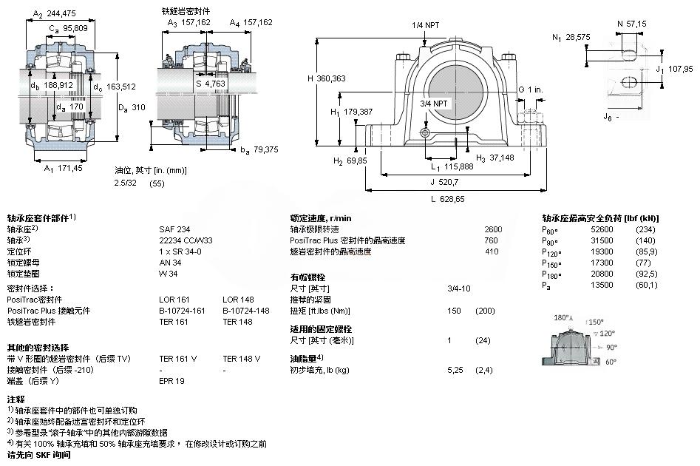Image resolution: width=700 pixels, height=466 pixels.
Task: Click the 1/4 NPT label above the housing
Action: coord(425,25)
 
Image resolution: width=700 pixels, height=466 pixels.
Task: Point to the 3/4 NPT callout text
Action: coord(434,103)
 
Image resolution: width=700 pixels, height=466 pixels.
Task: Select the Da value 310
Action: coord(140,107)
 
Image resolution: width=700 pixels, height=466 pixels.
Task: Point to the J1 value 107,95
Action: coord(680,69)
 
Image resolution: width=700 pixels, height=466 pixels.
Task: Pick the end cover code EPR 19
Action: coord(172,381)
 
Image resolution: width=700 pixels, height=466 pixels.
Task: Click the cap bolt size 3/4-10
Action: coord(459,288)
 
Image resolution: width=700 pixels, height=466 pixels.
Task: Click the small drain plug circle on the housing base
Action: coord(424,132)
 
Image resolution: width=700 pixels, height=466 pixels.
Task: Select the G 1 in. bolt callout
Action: coord(530,90)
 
